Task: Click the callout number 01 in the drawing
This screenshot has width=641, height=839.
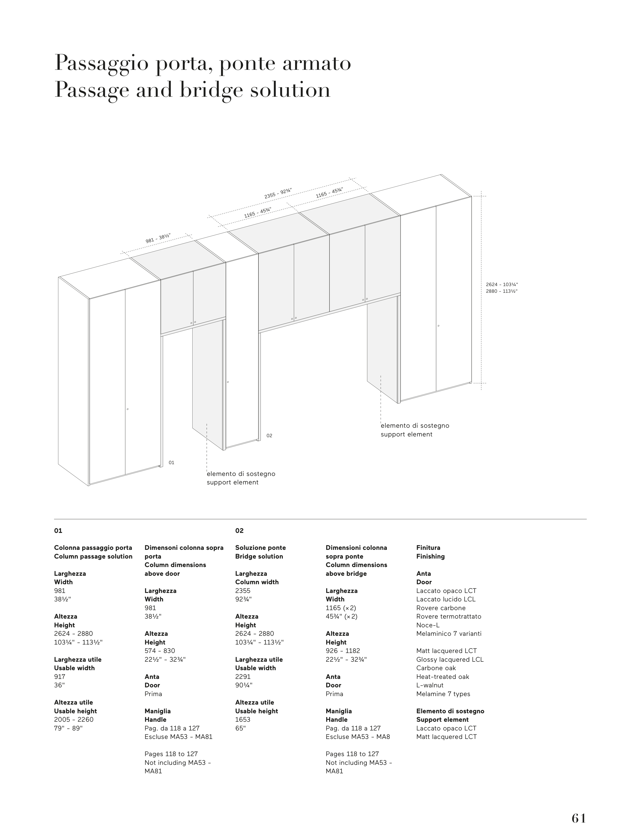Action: pyautogui.click(x=171, y=463)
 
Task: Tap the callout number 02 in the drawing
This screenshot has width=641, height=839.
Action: pyautogui.click(x=269, y=435)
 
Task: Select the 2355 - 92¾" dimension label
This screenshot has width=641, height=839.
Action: pyautogui.click(x=278, y=193)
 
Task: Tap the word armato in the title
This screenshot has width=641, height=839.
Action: pyautogui.click(x=316, y=63)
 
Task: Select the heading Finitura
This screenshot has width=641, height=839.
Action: pyautogui.click(x=428, y=548)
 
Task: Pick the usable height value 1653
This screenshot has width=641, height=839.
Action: pyautogui.click(x=243, y=719)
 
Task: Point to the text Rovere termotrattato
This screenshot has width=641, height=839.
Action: pyautogui.click(x=449, y=617)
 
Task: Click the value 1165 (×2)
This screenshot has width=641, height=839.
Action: pyautogui.click(x=341, y=608)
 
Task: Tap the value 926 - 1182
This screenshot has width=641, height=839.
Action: pyautogui.click(x=343, y=651)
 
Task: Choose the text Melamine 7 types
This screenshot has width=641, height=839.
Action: pyautogui.click(x=443, y=694)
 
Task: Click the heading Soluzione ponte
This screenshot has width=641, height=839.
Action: pyautogui.click(x=260, y=548)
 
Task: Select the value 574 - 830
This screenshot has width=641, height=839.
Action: pyautogui.click(x=159, y=651)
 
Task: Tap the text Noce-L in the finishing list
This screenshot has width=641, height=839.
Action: pyautogui.click(x=428, y=625)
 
